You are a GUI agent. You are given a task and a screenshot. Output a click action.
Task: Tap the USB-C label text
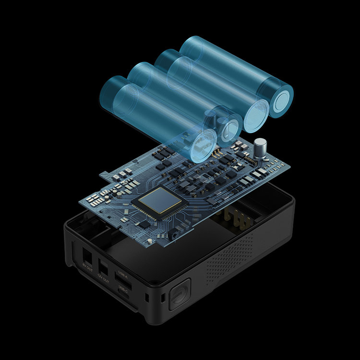tap(122, 288)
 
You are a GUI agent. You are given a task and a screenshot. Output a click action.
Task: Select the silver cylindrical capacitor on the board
tap(261, 147)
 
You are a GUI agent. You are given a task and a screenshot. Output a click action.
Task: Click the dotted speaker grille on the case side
tap(230, 259)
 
